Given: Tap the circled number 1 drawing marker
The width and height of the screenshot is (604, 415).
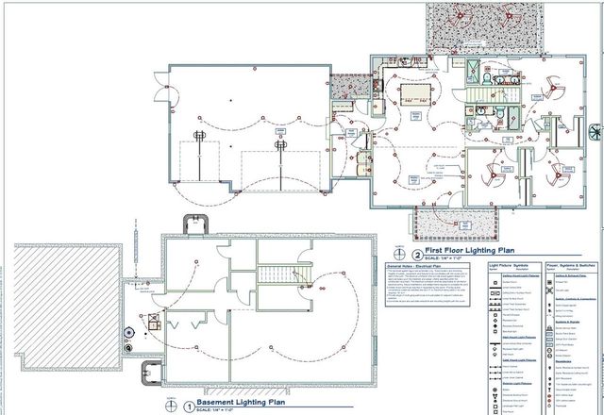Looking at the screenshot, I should tap(188, 407).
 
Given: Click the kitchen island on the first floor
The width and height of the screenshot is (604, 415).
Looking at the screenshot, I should tap(412, 92).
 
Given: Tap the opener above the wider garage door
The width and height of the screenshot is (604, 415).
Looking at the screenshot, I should tap(279, 141).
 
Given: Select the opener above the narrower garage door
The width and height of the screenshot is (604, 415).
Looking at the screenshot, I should tap(199, 134).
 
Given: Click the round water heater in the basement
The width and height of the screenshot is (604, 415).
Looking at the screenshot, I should tap(129, 331).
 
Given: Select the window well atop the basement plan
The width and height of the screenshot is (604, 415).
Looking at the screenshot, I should tap(196, 223).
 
